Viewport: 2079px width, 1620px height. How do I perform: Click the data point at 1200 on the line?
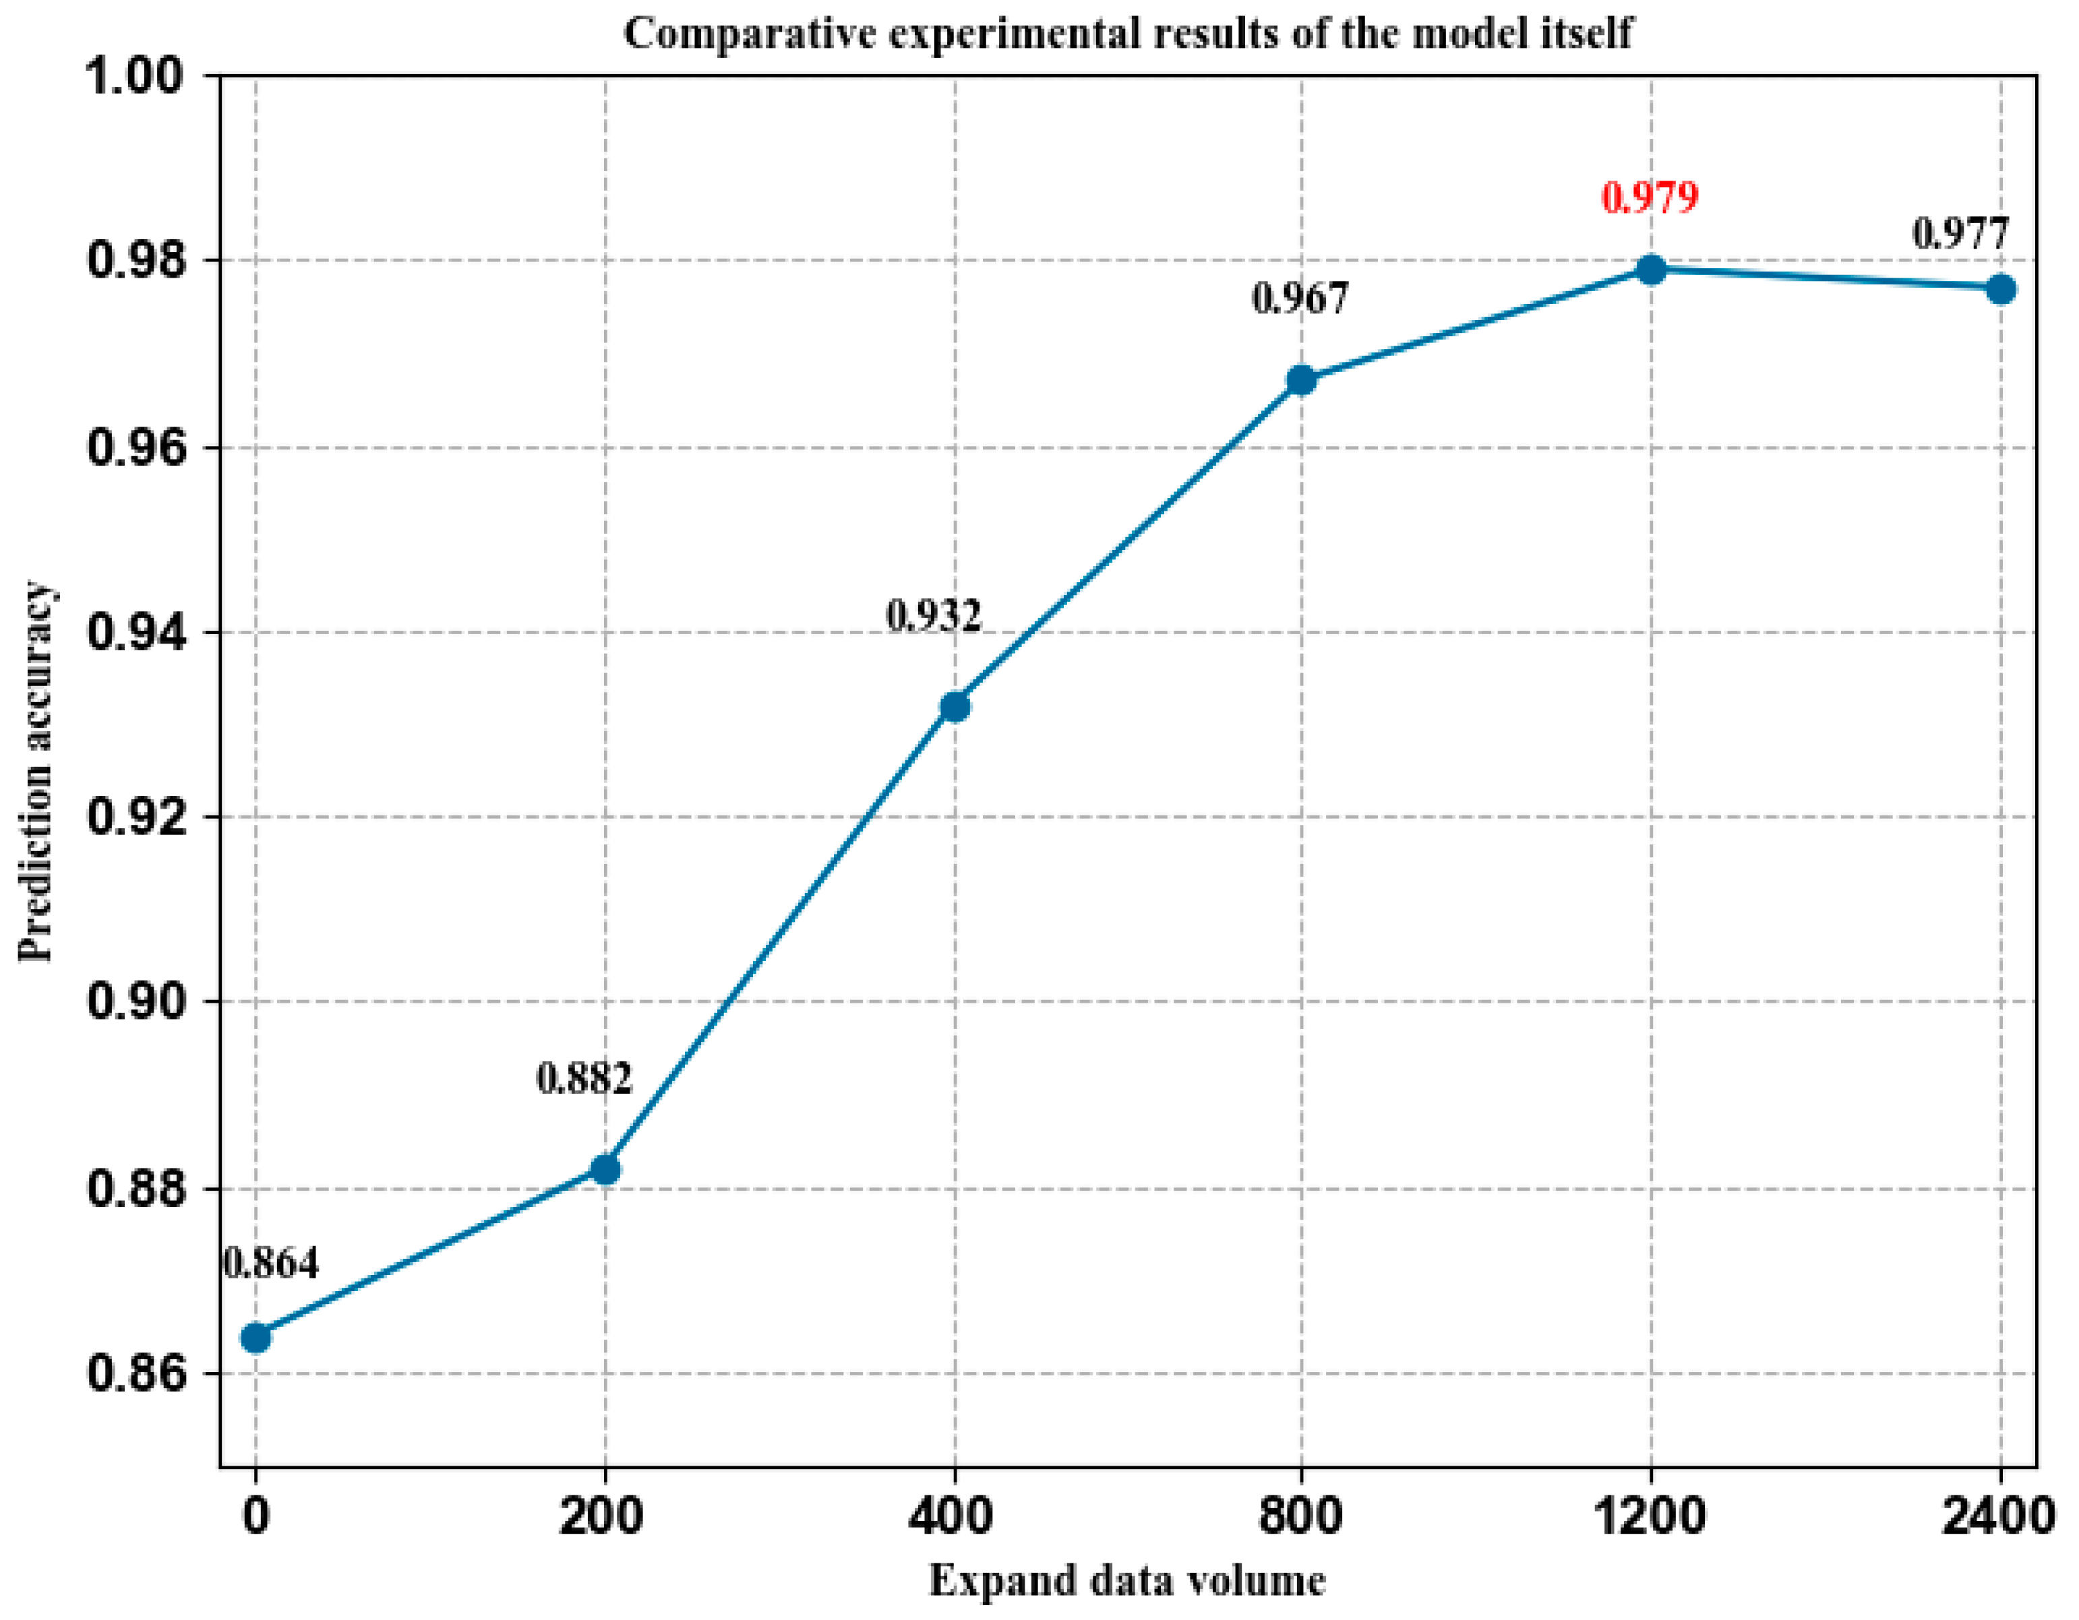click(1651, 270)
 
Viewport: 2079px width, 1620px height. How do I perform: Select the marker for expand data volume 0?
click(255, 1338)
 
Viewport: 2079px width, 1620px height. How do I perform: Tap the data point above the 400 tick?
click(954, 706)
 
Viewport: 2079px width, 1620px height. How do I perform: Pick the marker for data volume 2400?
click(2000, 288)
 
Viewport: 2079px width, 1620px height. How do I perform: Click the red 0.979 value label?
click(1650, 197)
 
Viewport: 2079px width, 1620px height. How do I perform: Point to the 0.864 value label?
click(271, 1263)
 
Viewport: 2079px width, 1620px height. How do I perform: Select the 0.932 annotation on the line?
click(933, 616)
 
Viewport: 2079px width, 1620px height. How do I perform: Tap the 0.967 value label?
click(1300, 298)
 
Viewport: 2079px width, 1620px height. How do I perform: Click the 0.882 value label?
click(584, 1078)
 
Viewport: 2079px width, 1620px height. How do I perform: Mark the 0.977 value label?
click(1960, 233)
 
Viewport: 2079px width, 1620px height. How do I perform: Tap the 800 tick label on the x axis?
click(1300, 1514)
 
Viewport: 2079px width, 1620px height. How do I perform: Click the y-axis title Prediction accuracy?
click(36, 771)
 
